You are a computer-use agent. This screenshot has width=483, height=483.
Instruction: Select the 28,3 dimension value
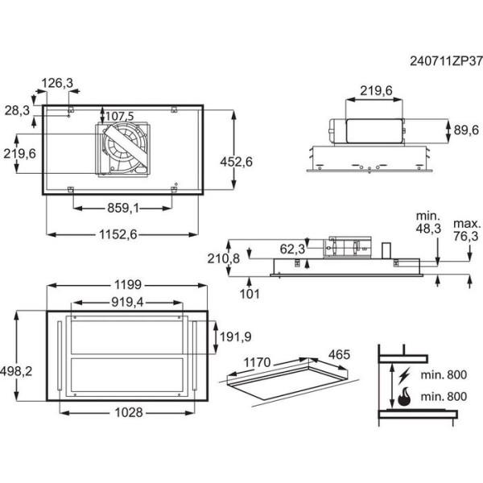point(17,109)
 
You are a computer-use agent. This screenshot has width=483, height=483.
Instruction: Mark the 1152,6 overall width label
point(123,233)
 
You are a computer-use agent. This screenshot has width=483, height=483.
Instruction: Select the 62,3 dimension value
point(293,248)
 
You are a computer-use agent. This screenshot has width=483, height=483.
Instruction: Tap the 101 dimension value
point(250,293)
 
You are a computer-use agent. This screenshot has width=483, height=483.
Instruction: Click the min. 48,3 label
point(427,223)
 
